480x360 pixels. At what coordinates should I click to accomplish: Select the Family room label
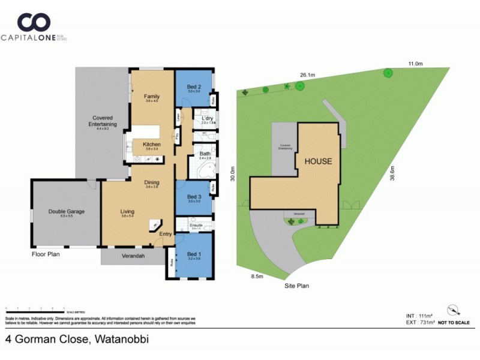[x=151, y=96]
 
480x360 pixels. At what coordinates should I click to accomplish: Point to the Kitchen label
[x=151, y=144]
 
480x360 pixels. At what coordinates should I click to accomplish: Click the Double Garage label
[x=67, y=211]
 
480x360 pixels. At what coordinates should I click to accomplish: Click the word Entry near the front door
[x=166, y=234]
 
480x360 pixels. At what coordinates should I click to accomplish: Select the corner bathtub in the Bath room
[x=199, y=169]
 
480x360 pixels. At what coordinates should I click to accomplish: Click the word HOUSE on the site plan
[x=317, y=161]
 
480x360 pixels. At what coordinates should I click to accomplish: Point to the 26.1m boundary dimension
[x=308, y=75]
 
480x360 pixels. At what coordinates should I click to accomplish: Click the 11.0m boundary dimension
[x=415, y=63]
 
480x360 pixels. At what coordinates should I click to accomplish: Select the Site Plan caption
[x=296, y=286]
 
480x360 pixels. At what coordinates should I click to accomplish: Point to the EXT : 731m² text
[x=420, y=322]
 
